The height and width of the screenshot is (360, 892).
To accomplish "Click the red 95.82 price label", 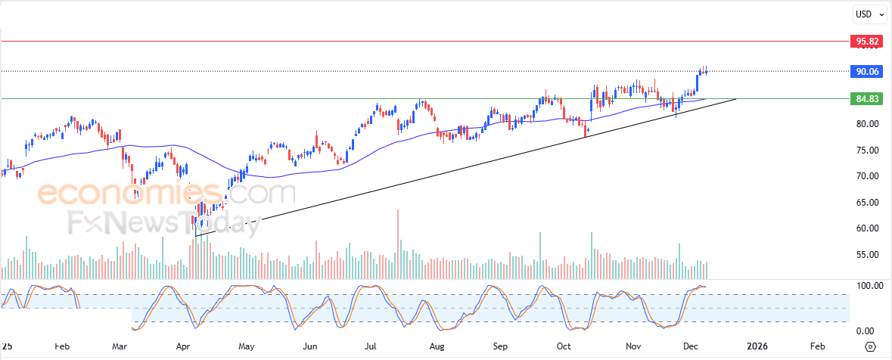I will click(x=867, y=41).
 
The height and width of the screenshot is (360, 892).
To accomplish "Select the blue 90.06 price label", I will click(x=867, y=71).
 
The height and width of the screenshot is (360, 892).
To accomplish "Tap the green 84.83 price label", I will click(x=867, y=98).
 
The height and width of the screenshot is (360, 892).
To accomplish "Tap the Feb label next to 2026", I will click(x=818, y=346).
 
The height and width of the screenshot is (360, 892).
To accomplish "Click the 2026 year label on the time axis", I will click(x=757, y=346).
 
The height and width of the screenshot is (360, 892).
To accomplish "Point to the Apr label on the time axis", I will click(x=183, y=346).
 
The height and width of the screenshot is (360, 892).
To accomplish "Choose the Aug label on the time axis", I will click(x=436, y=346).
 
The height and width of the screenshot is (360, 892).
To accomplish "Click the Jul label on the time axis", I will click(x=371, y=346).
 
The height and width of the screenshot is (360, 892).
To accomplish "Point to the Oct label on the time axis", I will click(x=564, y=346).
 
